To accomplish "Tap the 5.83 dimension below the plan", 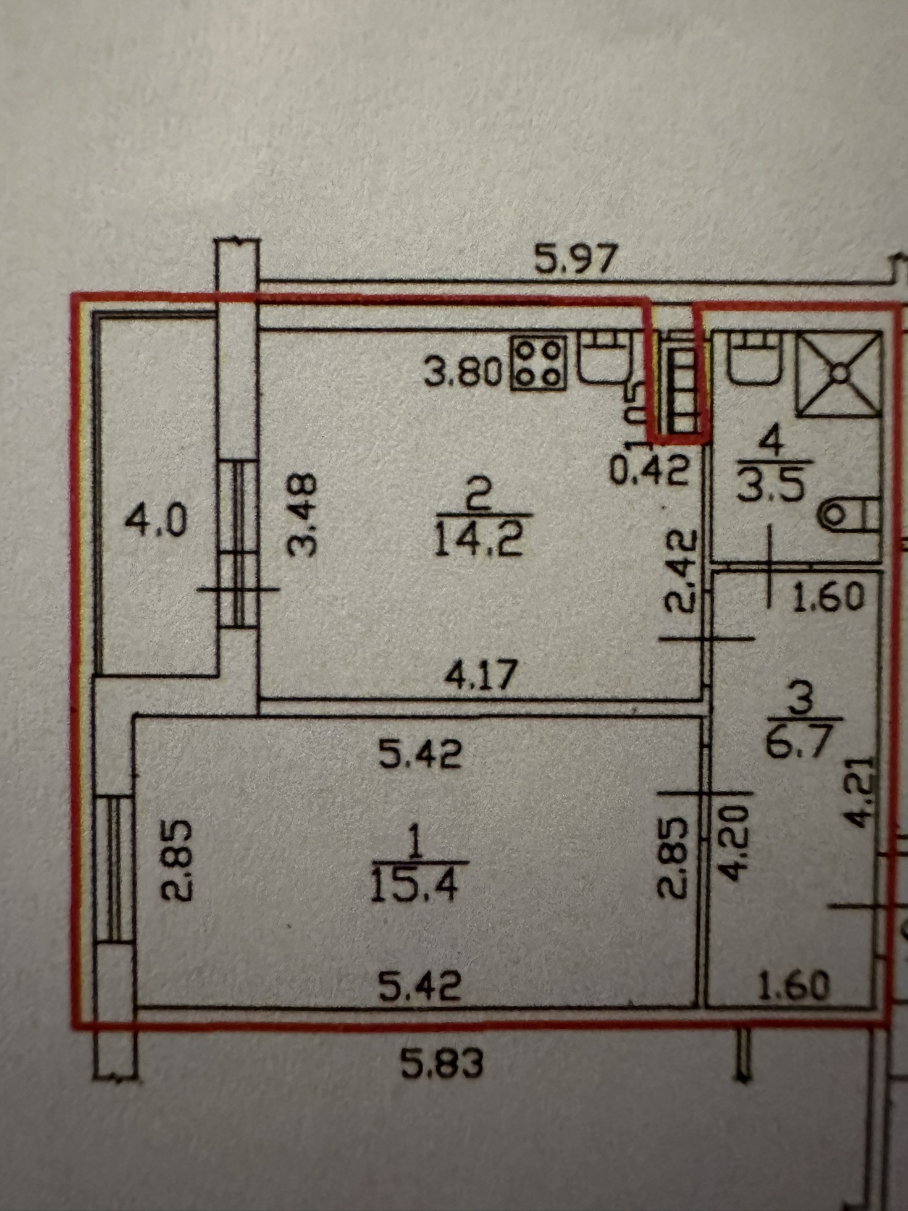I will point(442,1064).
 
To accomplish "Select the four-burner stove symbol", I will point(539,363).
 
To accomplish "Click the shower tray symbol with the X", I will point(839,373).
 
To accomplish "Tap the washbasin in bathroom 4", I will point(752,357).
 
